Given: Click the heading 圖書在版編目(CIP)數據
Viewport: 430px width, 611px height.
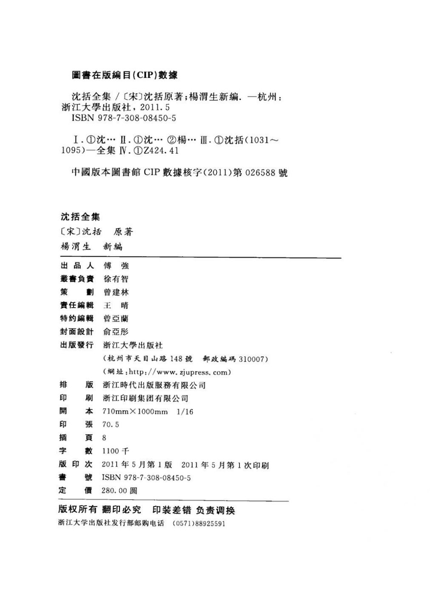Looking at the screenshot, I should pos(125,75).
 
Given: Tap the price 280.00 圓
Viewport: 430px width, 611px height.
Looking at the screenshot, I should pos(120,490).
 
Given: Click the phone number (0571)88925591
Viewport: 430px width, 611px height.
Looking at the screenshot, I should pos(199,523).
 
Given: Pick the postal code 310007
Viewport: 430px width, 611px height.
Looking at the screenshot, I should pos(253,359).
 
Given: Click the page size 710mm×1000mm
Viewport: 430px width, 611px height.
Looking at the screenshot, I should pos(135,411).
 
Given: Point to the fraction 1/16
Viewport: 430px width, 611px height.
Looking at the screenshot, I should pos(185,411).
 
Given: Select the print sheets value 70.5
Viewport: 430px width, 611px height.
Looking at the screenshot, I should pos(111,424).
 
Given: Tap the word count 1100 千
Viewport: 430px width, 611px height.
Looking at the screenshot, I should pos(116,451).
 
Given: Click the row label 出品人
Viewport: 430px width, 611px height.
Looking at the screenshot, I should pos(77,266).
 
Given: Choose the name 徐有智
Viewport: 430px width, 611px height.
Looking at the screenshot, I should pos(116,279).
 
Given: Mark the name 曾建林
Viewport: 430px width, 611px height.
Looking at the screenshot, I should pos(116,292).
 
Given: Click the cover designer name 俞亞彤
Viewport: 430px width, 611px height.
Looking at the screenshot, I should pos(116,331).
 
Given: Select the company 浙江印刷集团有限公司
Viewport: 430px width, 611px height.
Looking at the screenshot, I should pos(145,398).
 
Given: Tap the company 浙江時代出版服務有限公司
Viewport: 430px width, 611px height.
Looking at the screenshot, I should pos(154,385).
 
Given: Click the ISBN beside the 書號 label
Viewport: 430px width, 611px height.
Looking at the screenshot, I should pos(146,478).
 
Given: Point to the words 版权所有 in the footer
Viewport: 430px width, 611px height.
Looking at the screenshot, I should pos(77,510).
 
